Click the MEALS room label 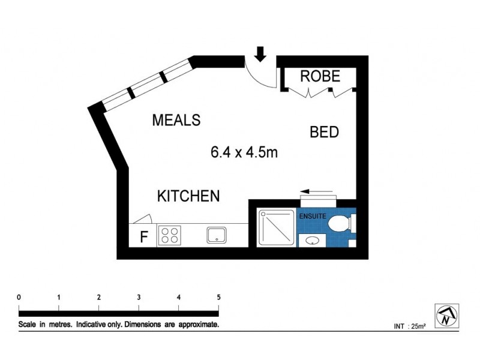coord(176,120)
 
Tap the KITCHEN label coord(188,196)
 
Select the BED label coord(325,132)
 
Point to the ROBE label coord(320,76)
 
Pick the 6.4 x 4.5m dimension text coord(244,152)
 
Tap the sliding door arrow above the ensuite coord(317,192)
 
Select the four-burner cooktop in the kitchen coord(170,235)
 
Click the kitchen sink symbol coord(216,235)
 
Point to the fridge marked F coord(143,236)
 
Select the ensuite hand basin coord(312,241)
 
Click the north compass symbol coord(444,314)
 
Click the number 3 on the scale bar coord(139,298)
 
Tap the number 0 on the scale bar coord(20,298)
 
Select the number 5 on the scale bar coord(218,298)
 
